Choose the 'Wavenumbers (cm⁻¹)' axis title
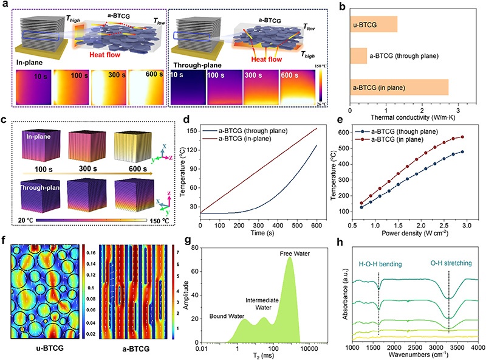[414, 354]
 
